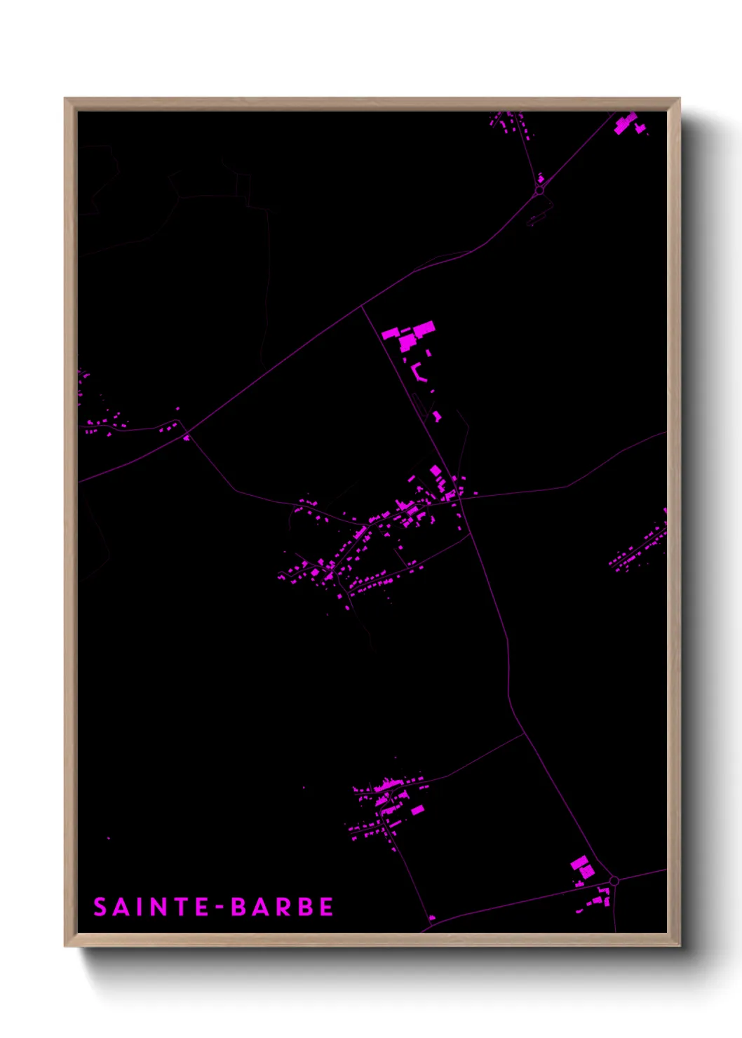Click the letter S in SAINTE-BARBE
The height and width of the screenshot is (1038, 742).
100,907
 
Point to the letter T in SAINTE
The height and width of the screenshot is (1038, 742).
176,907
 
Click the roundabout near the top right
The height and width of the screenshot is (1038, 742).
539,190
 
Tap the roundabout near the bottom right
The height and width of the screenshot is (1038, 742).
614,880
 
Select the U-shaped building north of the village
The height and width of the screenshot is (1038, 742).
419,371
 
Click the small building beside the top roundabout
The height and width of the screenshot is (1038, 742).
541,179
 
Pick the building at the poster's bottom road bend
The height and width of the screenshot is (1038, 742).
432,917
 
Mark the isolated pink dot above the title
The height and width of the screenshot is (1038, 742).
108,837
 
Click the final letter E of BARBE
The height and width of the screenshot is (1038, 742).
326,907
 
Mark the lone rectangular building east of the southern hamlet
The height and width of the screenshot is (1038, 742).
417,810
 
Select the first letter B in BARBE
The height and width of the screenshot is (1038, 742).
239,907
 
